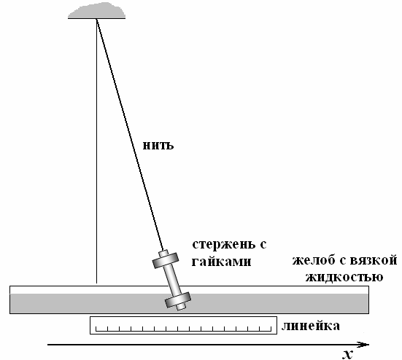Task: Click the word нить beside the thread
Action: point(158,145)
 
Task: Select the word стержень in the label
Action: point(224,245)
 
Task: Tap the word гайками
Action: point(222,262)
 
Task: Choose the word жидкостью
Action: point(344,277)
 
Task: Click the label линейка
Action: point(311,326)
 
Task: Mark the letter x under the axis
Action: point(347,354)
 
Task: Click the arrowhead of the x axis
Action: point(364,345)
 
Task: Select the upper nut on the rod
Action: point(166,260)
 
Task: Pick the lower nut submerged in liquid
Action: point(178,300)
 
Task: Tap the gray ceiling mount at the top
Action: point(96,11)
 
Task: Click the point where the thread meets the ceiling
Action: point(96,19)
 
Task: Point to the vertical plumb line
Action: point(96,151)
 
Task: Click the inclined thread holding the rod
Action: point(130,134)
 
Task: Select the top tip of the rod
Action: point(163,251)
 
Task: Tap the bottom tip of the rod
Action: point(181,309)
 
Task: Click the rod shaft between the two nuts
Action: point(171,280)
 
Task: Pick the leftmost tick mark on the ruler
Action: point(96,329)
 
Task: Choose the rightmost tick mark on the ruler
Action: point(271,329)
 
